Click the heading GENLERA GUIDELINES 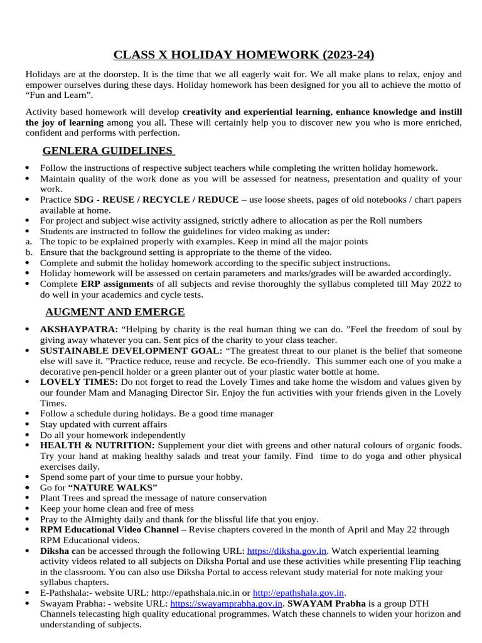pyautogui.click(x=107, y=151)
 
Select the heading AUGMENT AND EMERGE pyautogui.click(x=115, y=312)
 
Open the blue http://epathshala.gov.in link pyautogui.click(x=298, y=593)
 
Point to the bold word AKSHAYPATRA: pyautogui.click(x=79, y=329)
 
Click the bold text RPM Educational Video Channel pyautogui.click(x=109, y=530)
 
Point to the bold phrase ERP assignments pyautogui.click(x=117, y=284)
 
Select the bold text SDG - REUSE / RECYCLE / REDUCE pyautogui.click(x=156, y=200)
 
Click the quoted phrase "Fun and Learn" pyautogui.click(x=60, y=95)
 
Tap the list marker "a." pyautogui.click(x=28, y=242)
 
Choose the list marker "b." pyautogui.click(x=28, y=252)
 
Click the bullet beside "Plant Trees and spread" pyautogui.click(x=28, y=498)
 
